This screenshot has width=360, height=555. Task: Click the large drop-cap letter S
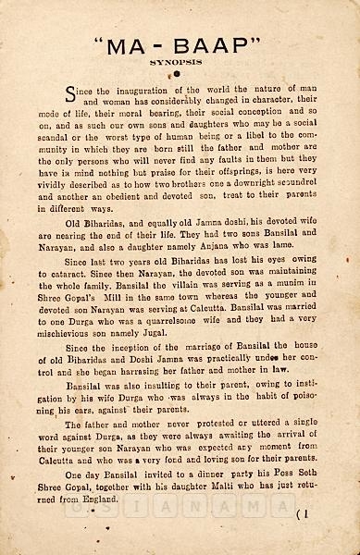(x=69, y=93)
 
